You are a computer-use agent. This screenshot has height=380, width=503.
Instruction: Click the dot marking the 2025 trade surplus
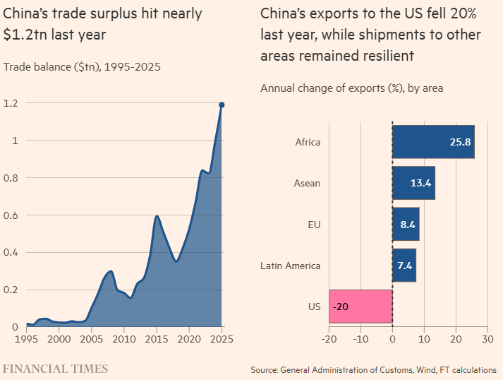(x=222, y=105)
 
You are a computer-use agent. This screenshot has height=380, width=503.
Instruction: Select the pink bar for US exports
(x=360, y=307)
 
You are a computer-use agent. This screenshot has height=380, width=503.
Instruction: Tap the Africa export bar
(x=433, y=142)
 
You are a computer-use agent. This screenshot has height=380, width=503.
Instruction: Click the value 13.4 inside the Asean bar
(x=420, y=184)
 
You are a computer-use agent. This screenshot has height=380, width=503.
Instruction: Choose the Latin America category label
(x=290, y=266)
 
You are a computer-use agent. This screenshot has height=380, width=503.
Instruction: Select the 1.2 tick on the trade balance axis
(x=10, y=103)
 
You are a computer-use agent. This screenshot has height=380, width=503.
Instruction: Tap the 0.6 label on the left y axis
(x=10, y=215)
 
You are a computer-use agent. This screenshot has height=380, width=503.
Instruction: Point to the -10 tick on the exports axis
(x=360, y=338)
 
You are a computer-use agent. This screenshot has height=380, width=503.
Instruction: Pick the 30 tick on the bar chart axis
(x=487, y=338)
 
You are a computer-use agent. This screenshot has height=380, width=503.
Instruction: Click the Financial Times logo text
(x=55, y=369)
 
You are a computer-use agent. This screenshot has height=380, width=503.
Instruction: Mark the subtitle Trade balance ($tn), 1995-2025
(x=82, y=68)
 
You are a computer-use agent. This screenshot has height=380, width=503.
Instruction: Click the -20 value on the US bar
(x=341, y=307)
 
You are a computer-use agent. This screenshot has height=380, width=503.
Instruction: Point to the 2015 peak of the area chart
(x=157, y=216)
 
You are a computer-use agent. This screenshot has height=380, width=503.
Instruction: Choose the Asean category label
(x=307, y=183)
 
